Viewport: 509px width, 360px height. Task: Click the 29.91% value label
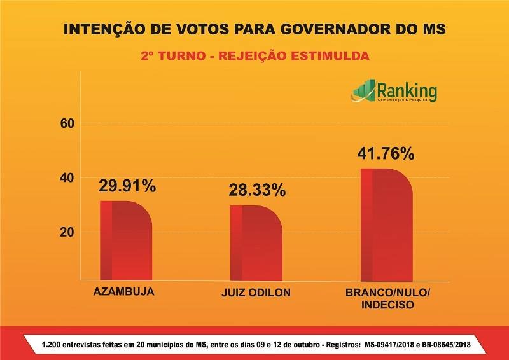[127, 186]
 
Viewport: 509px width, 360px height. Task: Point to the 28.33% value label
[257, 191]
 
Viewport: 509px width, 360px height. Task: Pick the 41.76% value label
[386, 153]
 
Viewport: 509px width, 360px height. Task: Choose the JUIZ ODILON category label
[255, 293]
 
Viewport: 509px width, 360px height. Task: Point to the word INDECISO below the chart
[387, 305]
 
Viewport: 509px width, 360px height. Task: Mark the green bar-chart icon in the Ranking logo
[363, 92]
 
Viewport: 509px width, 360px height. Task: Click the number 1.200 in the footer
[52, 344]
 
